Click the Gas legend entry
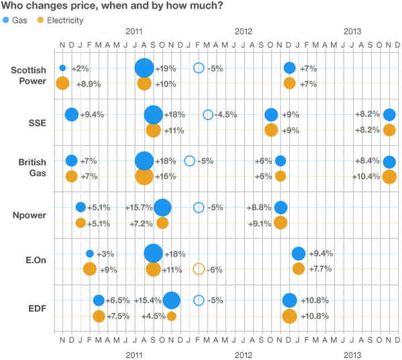(18, 21)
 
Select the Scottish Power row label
(28, 76)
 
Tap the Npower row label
(29, 215)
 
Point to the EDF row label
(36, 308)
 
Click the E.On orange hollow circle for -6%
(199, 269)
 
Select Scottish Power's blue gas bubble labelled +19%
(144, 68)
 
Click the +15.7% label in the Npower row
(138, 208)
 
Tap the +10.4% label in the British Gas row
(366, 177)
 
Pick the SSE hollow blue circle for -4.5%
(208, 115)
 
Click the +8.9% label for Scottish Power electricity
(85, 84)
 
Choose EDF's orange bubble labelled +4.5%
(171, 316)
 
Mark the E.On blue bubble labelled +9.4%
(299, 253)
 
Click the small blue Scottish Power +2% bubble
(62, 68)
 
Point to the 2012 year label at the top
(243, 32)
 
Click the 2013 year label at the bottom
(352, 354)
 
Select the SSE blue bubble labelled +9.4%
(71, 115)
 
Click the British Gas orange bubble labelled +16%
(144, 177)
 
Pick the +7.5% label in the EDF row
(121, 316)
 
